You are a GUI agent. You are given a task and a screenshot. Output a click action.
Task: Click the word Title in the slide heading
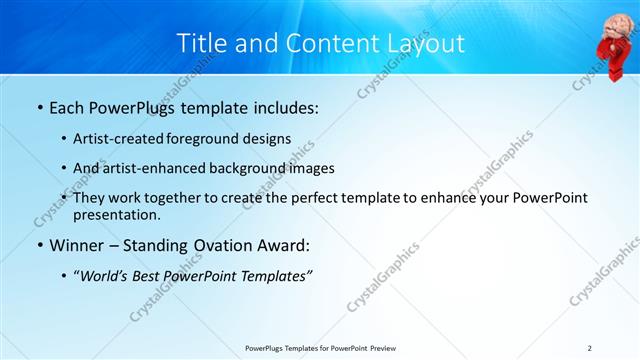click(x=200, y=44)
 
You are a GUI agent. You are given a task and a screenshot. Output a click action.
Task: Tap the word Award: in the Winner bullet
click(x=282, y=246)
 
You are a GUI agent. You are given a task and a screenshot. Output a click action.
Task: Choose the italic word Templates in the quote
click(x=276, y=276)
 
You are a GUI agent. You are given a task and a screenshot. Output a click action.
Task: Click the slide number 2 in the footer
click(x=590, y=347)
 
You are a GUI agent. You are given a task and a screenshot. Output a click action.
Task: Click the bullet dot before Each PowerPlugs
click(x=39, y=108)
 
